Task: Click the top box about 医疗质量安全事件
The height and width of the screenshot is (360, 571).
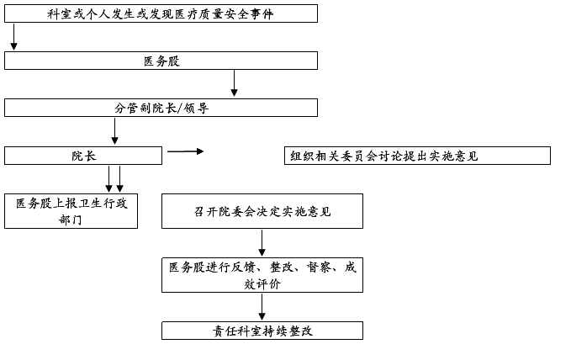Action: tap(161, 13)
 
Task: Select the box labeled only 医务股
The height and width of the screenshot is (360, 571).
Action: tap(161, 61)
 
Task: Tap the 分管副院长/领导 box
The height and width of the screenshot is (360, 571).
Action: tap(161, 108)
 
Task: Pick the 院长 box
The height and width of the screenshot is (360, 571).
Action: tap(82, 156)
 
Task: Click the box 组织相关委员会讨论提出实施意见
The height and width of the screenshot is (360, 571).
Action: tap(417, 156)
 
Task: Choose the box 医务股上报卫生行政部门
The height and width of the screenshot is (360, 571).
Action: tap(71, 211)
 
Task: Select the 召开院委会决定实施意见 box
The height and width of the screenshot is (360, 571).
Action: tap(262, 211)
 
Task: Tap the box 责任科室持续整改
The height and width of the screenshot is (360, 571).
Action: tap(262, 331)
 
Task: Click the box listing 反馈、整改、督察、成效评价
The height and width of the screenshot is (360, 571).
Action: tap(262, 275)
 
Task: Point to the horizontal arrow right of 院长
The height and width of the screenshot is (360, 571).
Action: tap(185, 151)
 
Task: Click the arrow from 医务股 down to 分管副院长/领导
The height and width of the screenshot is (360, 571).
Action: tap(234, 83)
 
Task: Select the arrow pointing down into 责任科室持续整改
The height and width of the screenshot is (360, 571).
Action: tap(262, 307)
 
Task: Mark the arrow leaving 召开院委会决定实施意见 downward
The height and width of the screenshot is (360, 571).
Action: tap(262, 242)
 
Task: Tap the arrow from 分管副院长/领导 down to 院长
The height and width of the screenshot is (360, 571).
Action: tap(114, 131)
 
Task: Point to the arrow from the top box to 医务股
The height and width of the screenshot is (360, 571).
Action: tap(13, 36)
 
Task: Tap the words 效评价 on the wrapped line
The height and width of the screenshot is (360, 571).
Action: tap(262, 284)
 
